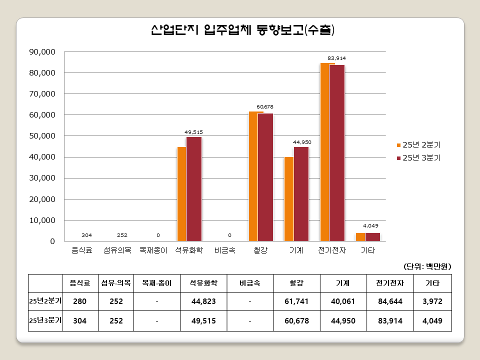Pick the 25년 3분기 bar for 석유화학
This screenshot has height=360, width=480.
coord(194,188)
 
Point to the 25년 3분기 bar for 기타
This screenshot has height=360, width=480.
coord(373,236)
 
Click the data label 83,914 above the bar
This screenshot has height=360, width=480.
coord(336,58)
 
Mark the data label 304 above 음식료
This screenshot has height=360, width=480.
coord(87,235)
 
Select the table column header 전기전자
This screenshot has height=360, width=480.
coord(389,283)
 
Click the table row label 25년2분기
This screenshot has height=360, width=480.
coord(45,301)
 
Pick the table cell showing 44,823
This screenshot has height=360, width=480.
coord(203,301)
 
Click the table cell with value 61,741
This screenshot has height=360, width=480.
coord(297,301)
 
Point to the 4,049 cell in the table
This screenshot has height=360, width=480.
coord(432,320)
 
